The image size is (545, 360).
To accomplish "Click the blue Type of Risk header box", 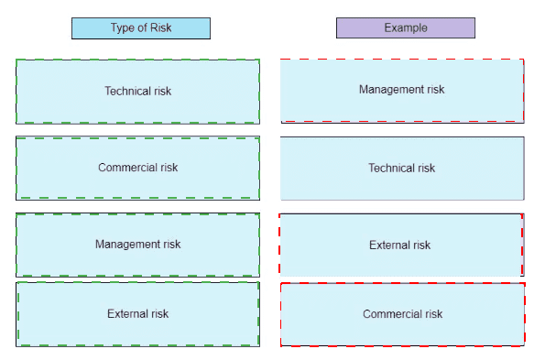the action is pyautogui.click(x=141, y=28).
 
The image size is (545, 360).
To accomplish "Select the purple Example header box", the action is pyautogui.click(x=406, y=27).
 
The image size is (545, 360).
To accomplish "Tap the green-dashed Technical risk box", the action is pyautogui.click(x=137, y=92).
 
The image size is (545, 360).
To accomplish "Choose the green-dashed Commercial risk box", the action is pyautogui.click(x=137, y=169).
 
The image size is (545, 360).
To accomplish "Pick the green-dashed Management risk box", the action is pyautogui.click(x=137, y=245).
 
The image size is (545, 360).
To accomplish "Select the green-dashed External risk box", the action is pyautogui.click(x=137, y=314).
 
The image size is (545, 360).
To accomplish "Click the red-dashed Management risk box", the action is pyautogui.click(x=402, y=91).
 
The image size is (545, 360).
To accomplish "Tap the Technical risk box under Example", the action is pyautogui.click(x=402, y=169).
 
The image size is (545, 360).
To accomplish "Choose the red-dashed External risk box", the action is pyautogui.click(x=401, y=245).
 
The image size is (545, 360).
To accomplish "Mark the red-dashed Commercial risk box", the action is pyautogui.click(x=403, y=314).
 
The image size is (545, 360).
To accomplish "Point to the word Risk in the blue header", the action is pyautogui.click(x=161, y=27).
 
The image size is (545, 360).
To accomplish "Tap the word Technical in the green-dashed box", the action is pyautogui.click(x=127, y=91).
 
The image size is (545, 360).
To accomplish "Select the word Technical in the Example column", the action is pyautogui.click(x=391, y=169).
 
